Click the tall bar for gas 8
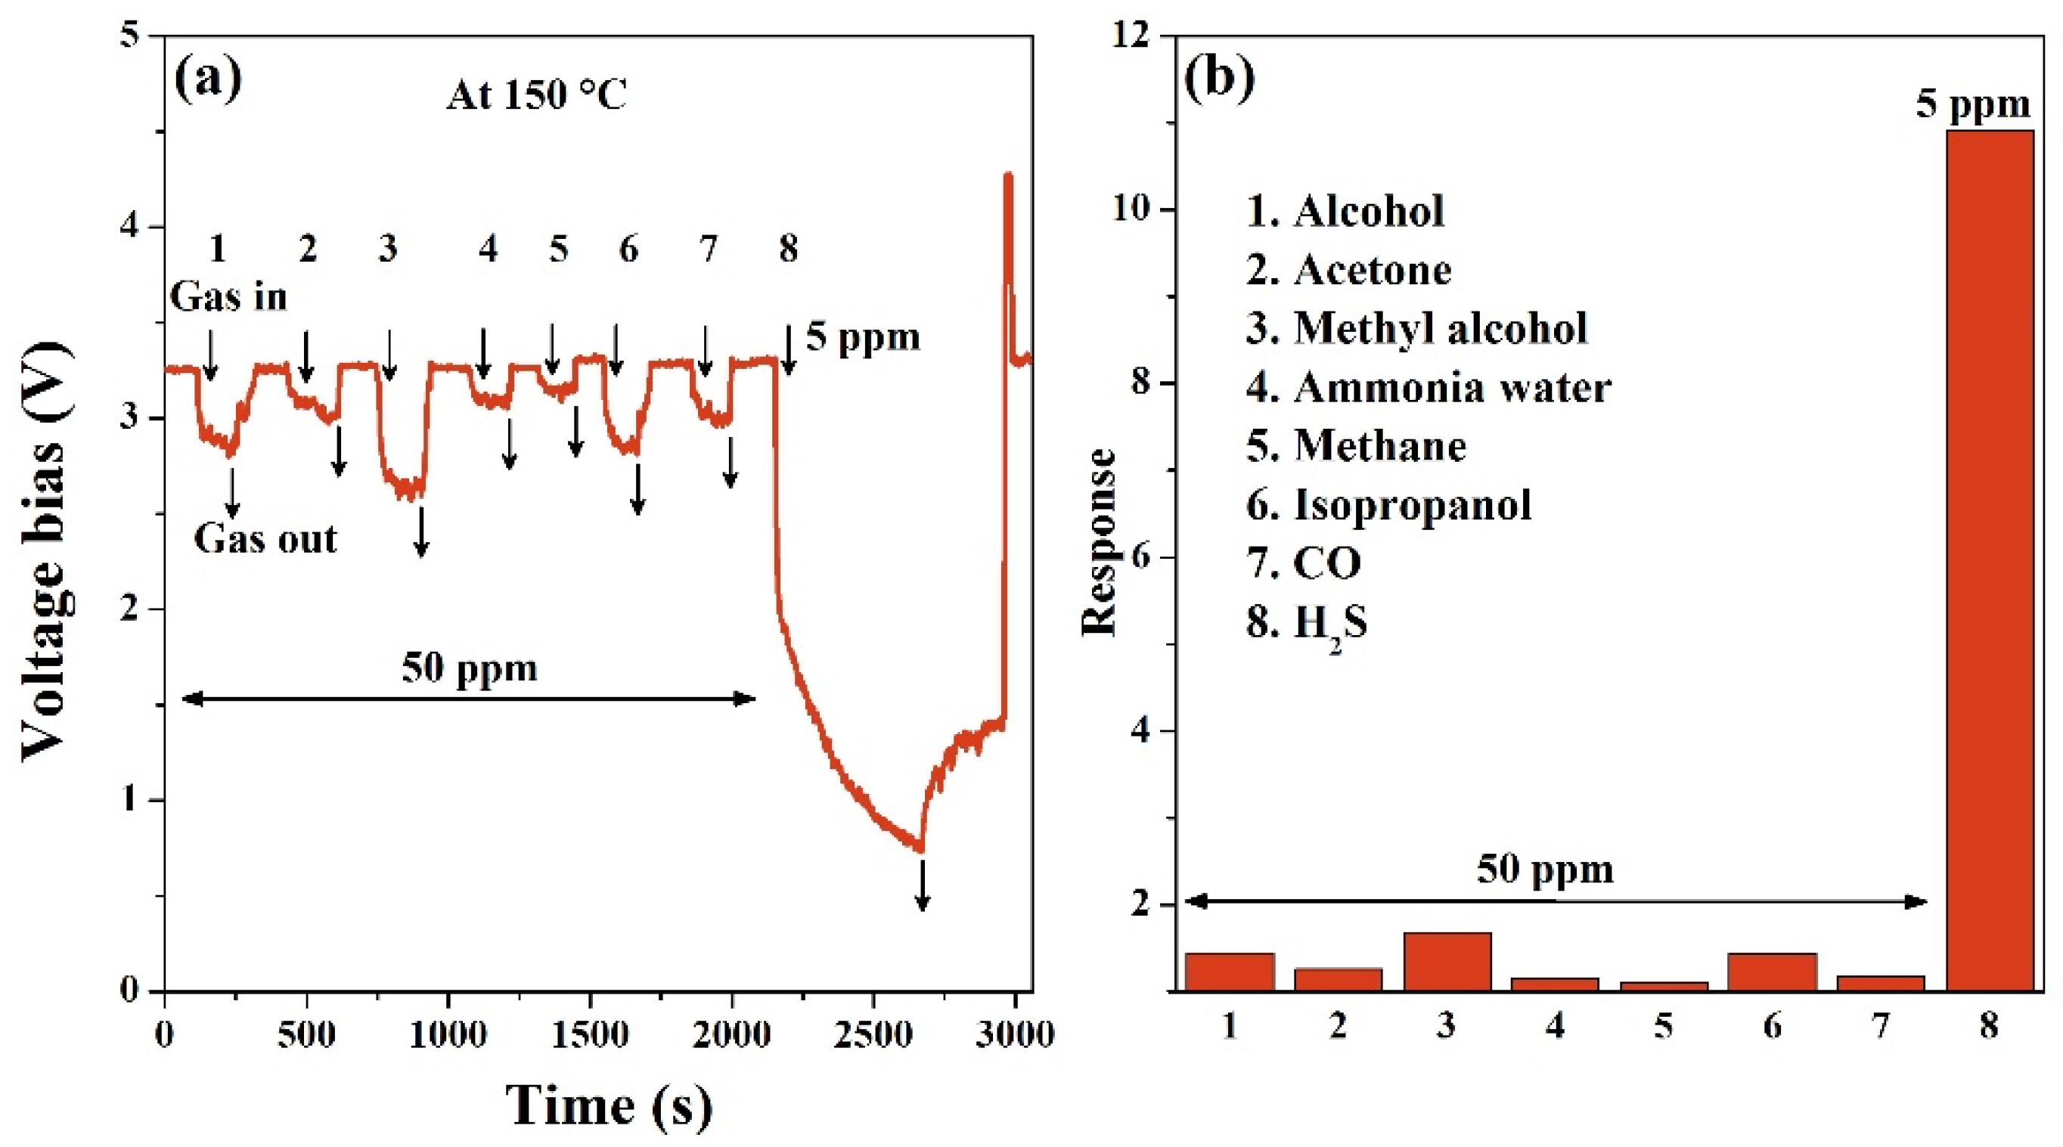coord(1990,561)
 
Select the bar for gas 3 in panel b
coord(1447,961)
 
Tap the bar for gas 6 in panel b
coord(1772,972)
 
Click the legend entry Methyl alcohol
coord(1416,328)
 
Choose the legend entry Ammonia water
coord(1428,388)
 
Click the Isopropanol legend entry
coord(1388,505)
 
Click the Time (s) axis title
coord(609,1105)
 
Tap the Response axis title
coord(1098,543)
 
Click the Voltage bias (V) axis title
coord(44,553)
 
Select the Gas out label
coord(265,539)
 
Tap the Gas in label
coord(228,297)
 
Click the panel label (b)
coord(1218,79)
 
